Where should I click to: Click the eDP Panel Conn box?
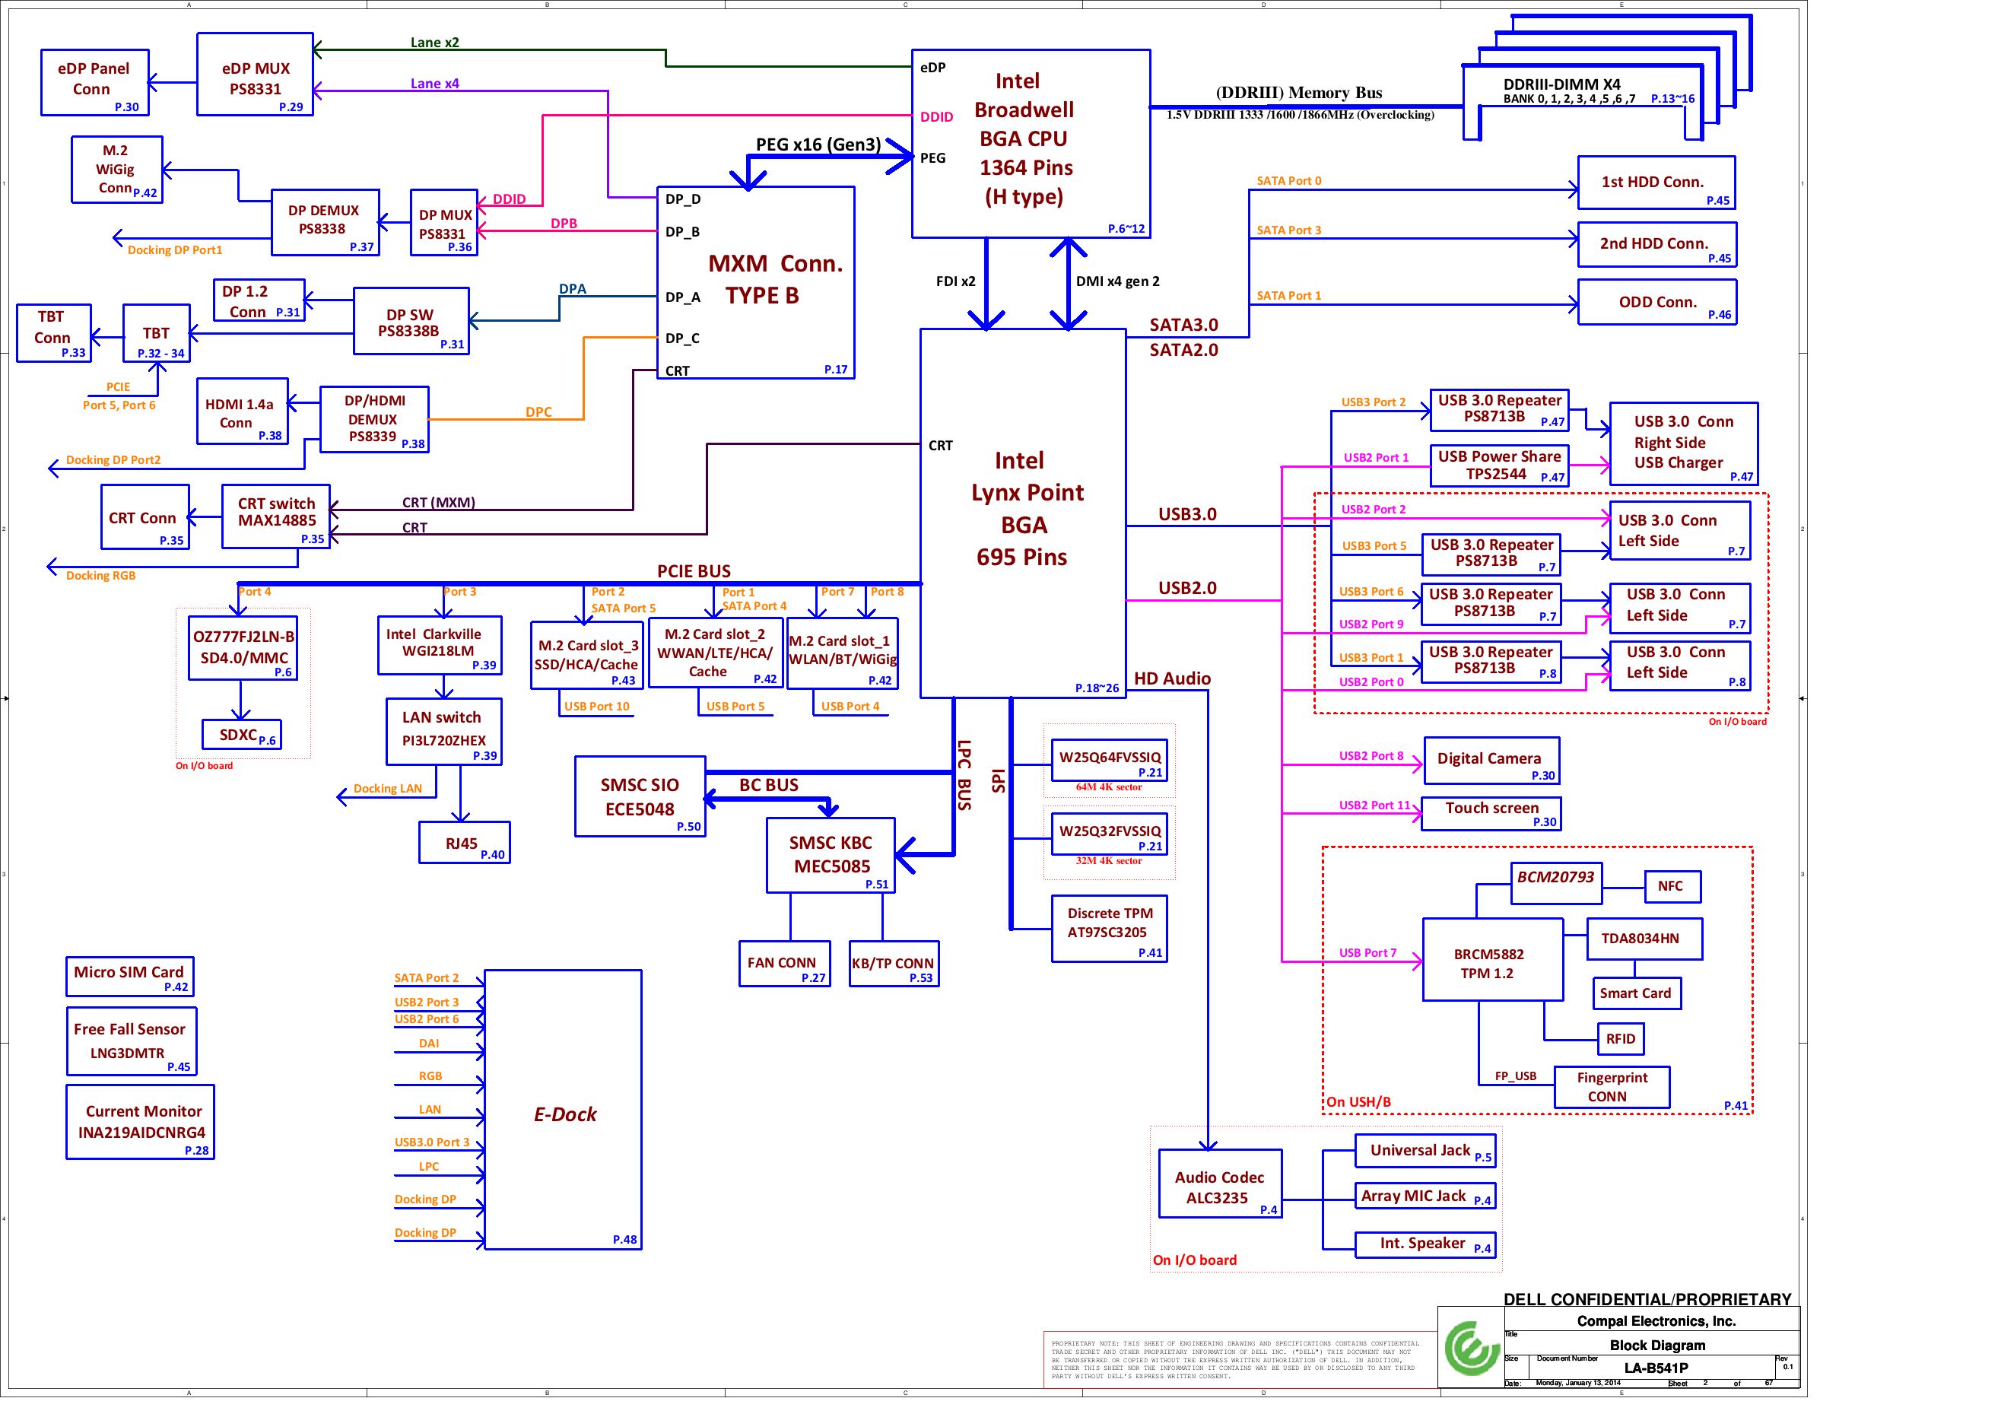pos(94,82)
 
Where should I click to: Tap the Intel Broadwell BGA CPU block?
pos(1030,143)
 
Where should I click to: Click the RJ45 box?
pos(464,843)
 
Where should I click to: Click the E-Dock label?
pos(565,1114)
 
